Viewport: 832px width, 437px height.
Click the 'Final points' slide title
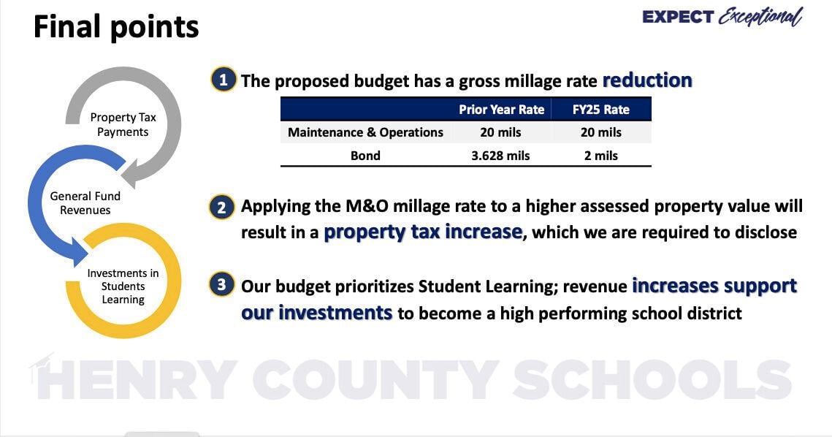[116, 28]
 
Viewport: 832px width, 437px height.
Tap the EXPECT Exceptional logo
[722, 17]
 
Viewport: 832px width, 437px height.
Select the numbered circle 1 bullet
[224, 79]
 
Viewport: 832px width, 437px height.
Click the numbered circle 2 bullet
[222, 207]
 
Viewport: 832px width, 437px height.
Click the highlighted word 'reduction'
[647, 80]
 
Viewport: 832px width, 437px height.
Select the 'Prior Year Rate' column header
[501, 110]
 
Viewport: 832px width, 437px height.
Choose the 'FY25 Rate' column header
[600, 110]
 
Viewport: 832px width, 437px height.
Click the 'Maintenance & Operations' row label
[365, 132]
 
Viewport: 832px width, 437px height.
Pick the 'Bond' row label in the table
[365, 156]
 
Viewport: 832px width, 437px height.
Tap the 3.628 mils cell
[501, 156]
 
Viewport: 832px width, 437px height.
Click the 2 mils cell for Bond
[600, 156]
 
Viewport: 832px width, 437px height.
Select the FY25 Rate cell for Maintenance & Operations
[600, 132]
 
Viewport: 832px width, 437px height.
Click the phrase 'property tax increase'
[423, 232]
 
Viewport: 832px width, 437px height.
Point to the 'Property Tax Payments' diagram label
[123, 125]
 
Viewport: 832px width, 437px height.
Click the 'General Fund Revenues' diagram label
[85, 203]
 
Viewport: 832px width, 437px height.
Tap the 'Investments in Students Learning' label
[123, 286]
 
